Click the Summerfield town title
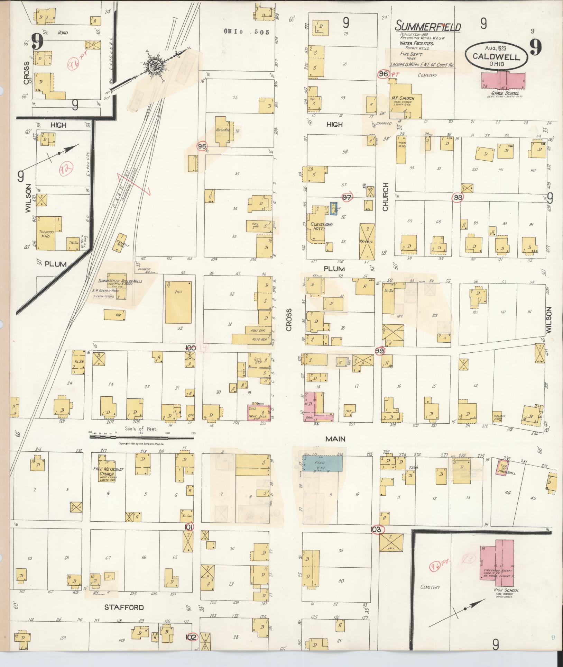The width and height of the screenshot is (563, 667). [428, 26]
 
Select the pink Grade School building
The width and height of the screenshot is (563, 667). [503, 81]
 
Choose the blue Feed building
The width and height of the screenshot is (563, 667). [323, 463]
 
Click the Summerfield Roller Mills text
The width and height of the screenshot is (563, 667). [120, 281]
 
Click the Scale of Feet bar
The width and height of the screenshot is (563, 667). [142, 437]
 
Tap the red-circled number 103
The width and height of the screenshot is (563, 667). [377, 539]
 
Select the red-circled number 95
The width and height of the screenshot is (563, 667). [202, 147]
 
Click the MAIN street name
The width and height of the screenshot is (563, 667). [335, 439]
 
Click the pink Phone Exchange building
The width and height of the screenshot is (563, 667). [259, 413]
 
